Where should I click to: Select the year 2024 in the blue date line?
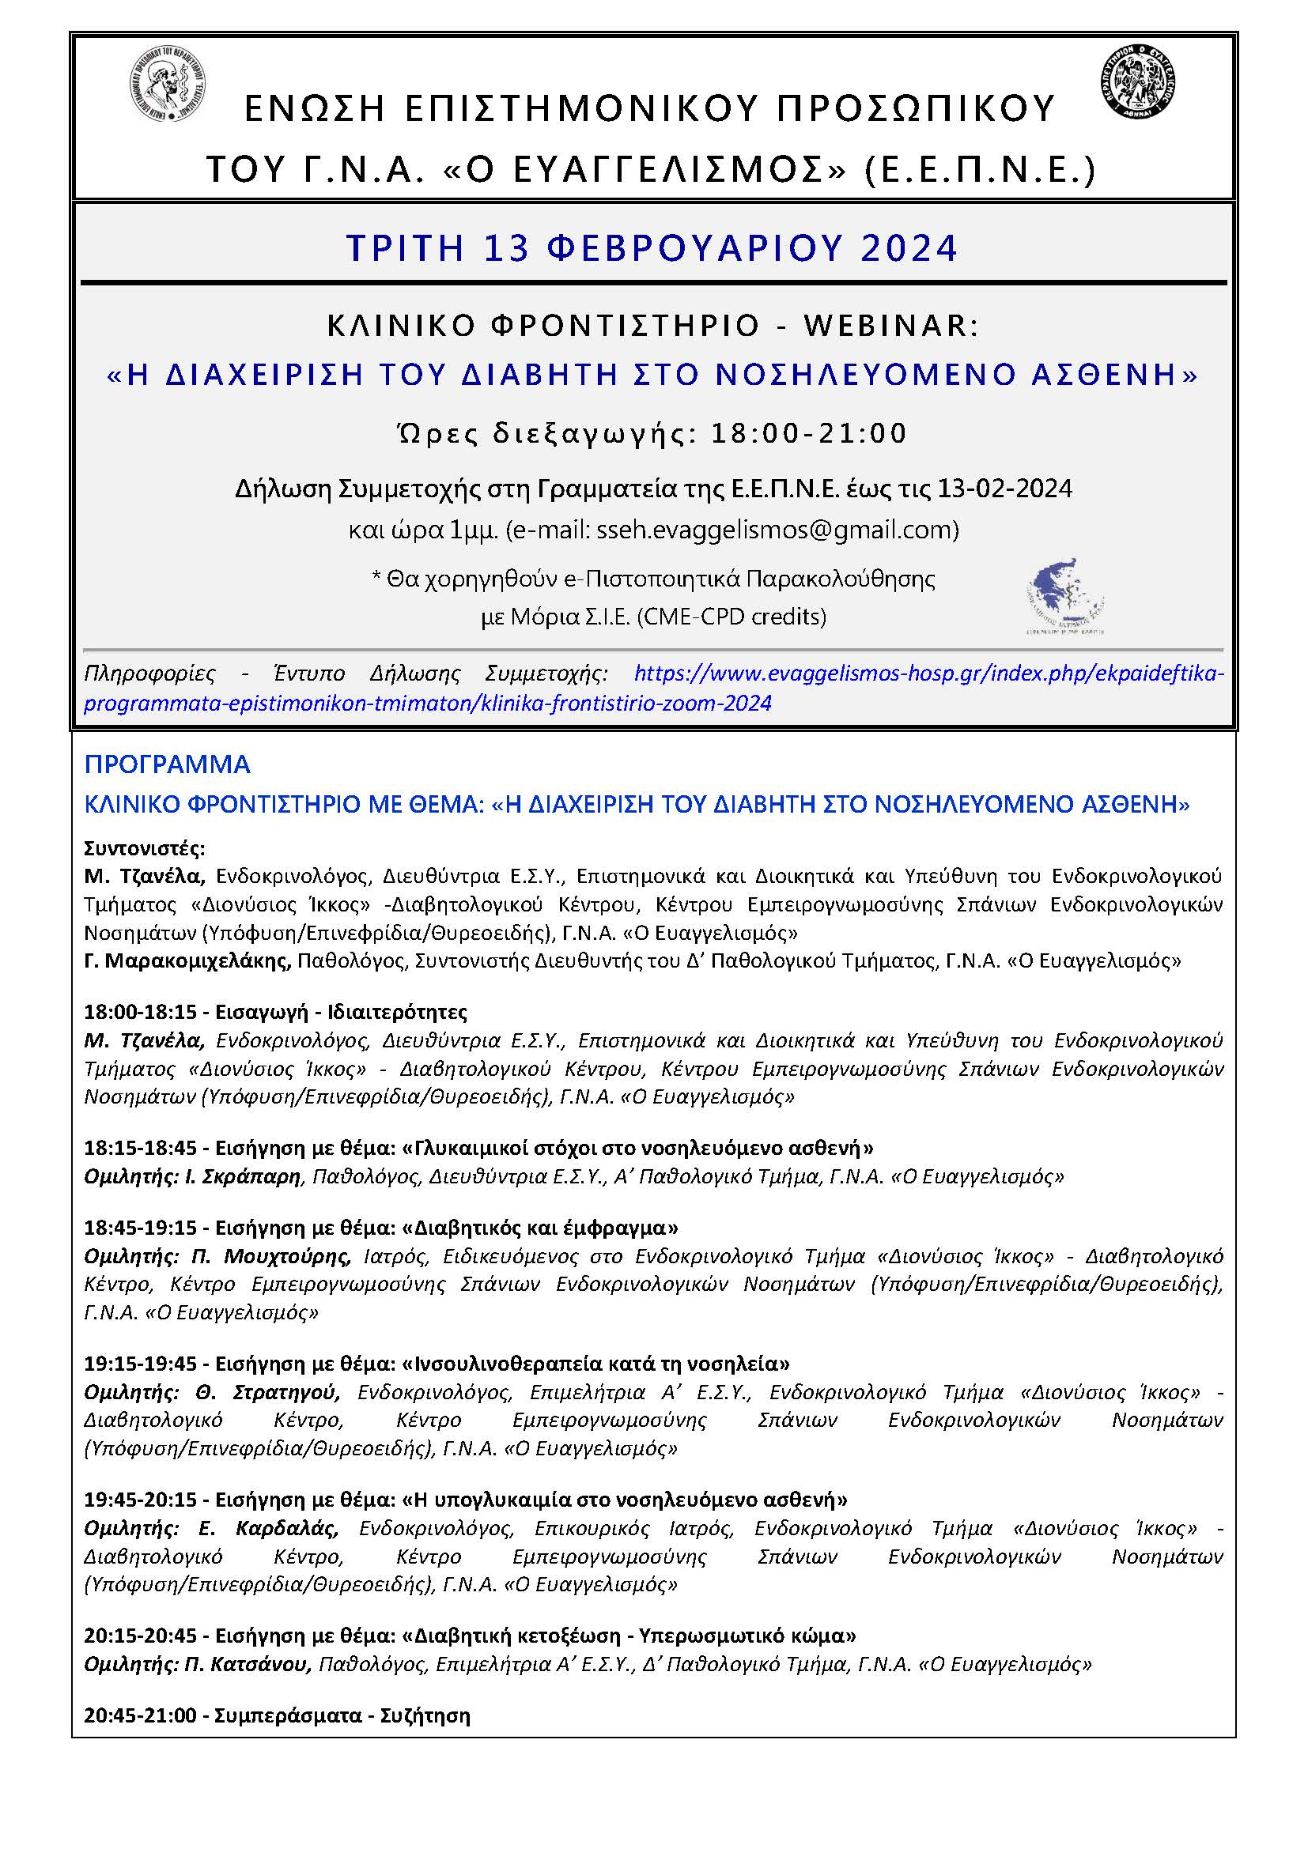click(909, 247)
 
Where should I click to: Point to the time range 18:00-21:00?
click(809, 433)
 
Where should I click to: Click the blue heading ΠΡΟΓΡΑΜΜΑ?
click(168, 764)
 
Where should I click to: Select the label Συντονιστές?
click(144, 848)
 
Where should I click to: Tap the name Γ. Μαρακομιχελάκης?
click(187, 960)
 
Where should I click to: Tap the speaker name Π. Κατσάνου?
click(248, 1664)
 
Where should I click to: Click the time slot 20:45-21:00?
click(140, 1715)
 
